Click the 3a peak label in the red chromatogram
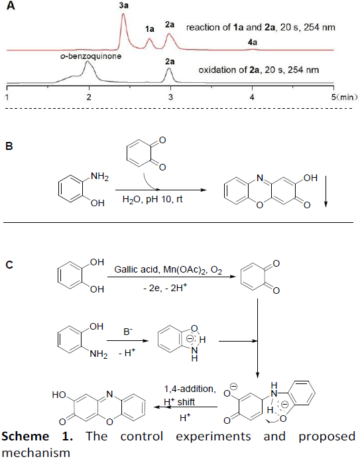tap(124, 5)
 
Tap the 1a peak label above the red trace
tap(150, 29)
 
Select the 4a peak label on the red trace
tap(253, 42)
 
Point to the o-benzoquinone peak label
tap(91, 56)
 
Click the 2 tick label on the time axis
tap(89, 97)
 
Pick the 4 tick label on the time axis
tap(252, 97)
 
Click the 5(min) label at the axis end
tap(344, 97)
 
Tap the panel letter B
tap(9, 146)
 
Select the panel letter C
tap(9, 265)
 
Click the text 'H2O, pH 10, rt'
tap(152, 200)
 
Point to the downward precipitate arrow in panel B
tap(326, 191)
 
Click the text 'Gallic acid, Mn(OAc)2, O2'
tap(168, 269)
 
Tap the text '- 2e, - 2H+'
tap(165, 288)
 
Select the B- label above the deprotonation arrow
tap(128, 332)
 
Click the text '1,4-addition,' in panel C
tap(190, 389)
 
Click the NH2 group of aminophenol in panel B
tap(99, 177)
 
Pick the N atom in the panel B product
tap(260, 178)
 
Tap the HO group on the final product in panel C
tap(59, 395)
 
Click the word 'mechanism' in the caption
tap(36, 453)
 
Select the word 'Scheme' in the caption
tap(25, 436)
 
